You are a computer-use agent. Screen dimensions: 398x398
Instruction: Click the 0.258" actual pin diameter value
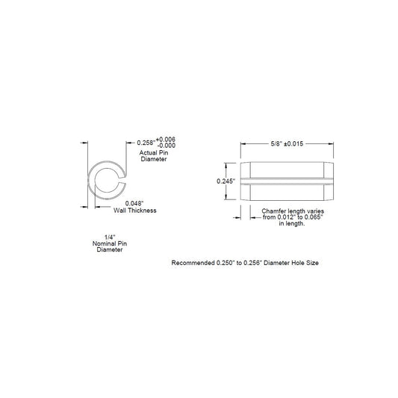tap(146, 143)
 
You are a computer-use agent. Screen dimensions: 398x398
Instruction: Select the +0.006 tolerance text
tap(166, 140)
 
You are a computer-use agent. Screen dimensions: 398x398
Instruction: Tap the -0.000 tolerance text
tap(167, 146)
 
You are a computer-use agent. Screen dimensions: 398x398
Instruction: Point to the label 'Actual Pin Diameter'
tap(154, 156)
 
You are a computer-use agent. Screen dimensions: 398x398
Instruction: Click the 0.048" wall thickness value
tap(134, 204)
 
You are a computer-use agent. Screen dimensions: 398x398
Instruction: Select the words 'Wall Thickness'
tap(134, 211)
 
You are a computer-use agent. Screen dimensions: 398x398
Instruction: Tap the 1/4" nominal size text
tap(110, 237)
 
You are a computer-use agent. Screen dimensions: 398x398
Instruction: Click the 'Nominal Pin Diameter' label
tap(110, 246)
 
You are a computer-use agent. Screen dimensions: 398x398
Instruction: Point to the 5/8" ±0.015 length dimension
tap(287, 143)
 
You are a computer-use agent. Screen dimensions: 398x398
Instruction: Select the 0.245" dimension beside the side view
tap(226, 181)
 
